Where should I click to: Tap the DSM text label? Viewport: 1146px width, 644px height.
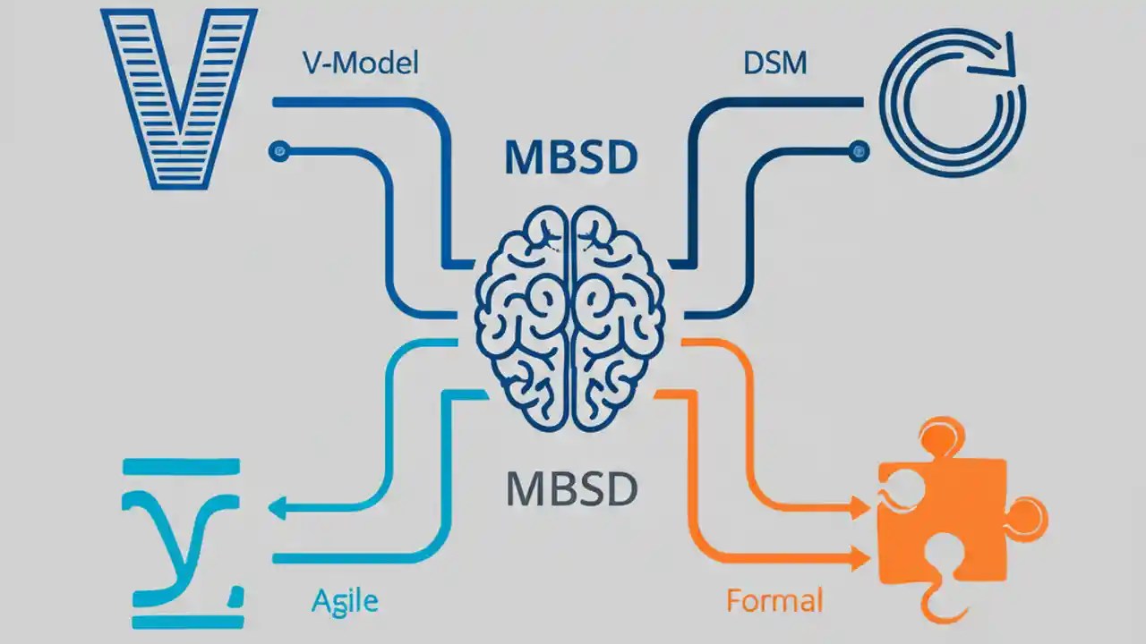pyautogui.click(x=774, y=64)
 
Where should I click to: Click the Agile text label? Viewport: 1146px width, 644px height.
pyautogui.click(x=345, y=601)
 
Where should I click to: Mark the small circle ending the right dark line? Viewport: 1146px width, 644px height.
pyautogui.click(x=860, y=151)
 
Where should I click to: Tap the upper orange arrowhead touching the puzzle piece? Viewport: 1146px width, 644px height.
pyautogui.click(x=861, y=509)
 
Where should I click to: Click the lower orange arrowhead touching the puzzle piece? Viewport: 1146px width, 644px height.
pyautogui.click(x=861, y=558)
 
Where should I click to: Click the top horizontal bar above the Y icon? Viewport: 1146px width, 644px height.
pyautogui.click(x=182, y=466)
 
